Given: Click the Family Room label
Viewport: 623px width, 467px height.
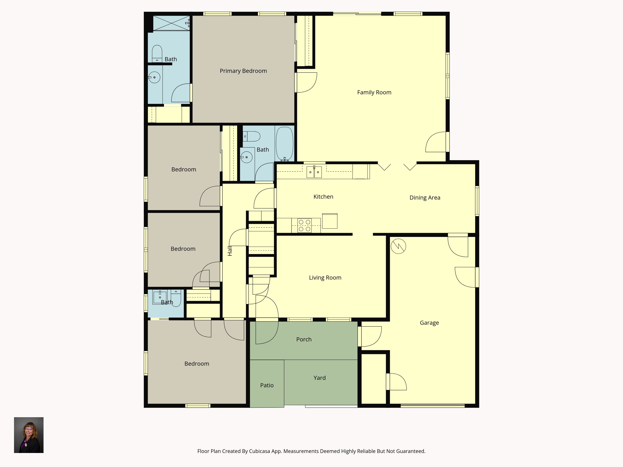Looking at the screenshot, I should click(374, 92).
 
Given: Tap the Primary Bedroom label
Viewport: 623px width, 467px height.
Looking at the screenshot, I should click(243, 71).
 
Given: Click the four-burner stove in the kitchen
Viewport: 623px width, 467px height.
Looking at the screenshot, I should click(304, 225).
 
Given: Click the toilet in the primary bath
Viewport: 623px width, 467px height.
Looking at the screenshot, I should click(157, 54).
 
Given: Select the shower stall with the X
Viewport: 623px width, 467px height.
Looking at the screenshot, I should click(171, 23).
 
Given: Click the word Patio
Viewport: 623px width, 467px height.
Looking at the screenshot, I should click(267, 385).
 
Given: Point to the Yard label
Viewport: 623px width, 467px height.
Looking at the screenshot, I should click(319, 378).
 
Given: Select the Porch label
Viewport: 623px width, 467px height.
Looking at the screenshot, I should click(304, 340).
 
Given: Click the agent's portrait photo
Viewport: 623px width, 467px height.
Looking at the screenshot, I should click(29, 435).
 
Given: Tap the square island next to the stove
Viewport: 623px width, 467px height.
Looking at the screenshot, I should click(330, 221).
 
